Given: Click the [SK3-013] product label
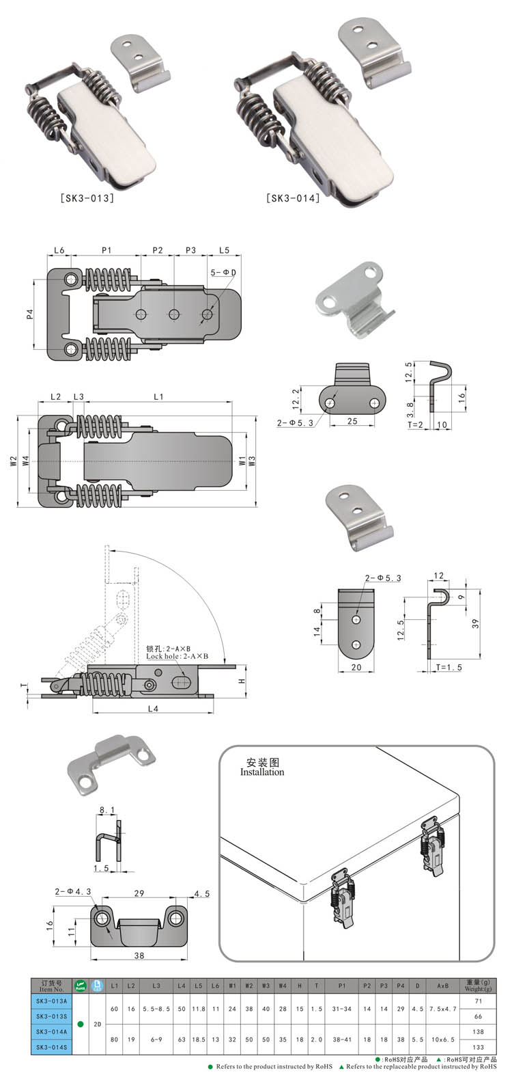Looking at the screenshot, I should pyautogui.click(x=87, y=199).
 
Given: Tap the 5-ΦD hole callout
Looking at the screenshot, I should pyautogui.click(x=223, y=273).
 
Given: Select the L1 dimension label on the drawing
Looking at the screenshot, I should pyautogui.click(x=158, y=396).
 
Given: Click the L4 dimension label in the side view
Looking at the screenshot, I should pyautogui.click(x=153, y=709).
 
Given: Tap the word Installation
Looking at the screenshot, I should pyautogui.click(x=261, y=772).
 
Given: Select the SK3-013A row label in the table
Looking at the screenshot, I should pyautogui.click(x=51, y=1001).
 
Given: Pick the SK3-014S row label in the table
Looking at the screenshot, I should pyautogui.click(x=51, y=1046).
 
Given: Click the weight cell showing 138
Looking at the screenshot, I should pyautogui.click(x=478, y=1031).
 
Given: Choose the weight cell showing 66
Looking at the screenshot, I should pyautogui.click(x=478, y=1016).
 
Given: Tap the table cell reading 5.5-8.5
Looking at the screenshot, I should pyautogui.click(x=157, y=1008).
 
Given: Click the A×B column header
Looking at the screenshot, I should pyautogui.click(x=442, y=986).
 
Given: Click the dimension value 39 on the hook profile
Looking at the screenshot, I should pyautogui.click(x=475, y=623).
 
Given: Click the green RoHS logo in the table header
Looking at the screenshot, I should pyautogui.click(x=80, y=985).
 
